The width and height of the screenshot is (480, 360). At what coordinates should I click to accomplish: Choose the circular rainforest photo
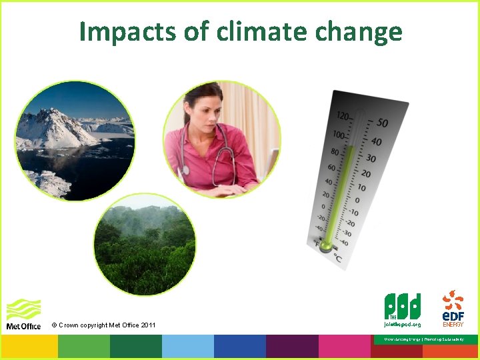click(x=145, y=245)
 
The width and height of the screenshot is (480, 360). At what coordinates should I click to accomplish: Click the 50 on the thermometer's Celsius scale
click(x=383, y=123)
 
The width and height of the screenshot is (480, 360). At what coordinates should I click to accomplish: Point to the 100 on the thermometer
click(x=339, y=135)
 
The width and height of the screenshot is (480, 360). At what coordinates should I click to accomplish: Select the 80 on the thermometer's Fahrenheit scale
click(x=335, y=151)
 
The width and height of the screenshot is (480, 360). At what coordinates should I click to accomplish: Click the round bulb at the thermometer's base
click(x=325, y=247)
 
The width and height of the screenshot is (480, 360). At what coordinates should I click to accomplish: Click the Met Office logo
click(x=23, y=314)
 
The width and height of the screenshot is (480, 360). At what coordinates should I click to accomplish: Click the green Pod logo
click(x=403, y=306)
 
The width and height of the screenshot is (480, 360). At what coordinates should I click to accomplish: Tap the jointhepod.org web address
click(x=403, y=324)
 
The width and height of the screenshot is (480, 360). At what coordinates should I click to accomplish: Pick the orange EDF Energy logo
click(x=453, y=307)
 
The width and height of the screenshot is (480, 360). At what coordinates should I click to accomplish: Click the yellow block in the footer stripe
click(x=31, y=347)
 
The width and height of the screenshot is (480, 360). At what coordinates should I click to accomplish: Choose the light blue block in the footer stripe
click(x=187, y=347)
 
